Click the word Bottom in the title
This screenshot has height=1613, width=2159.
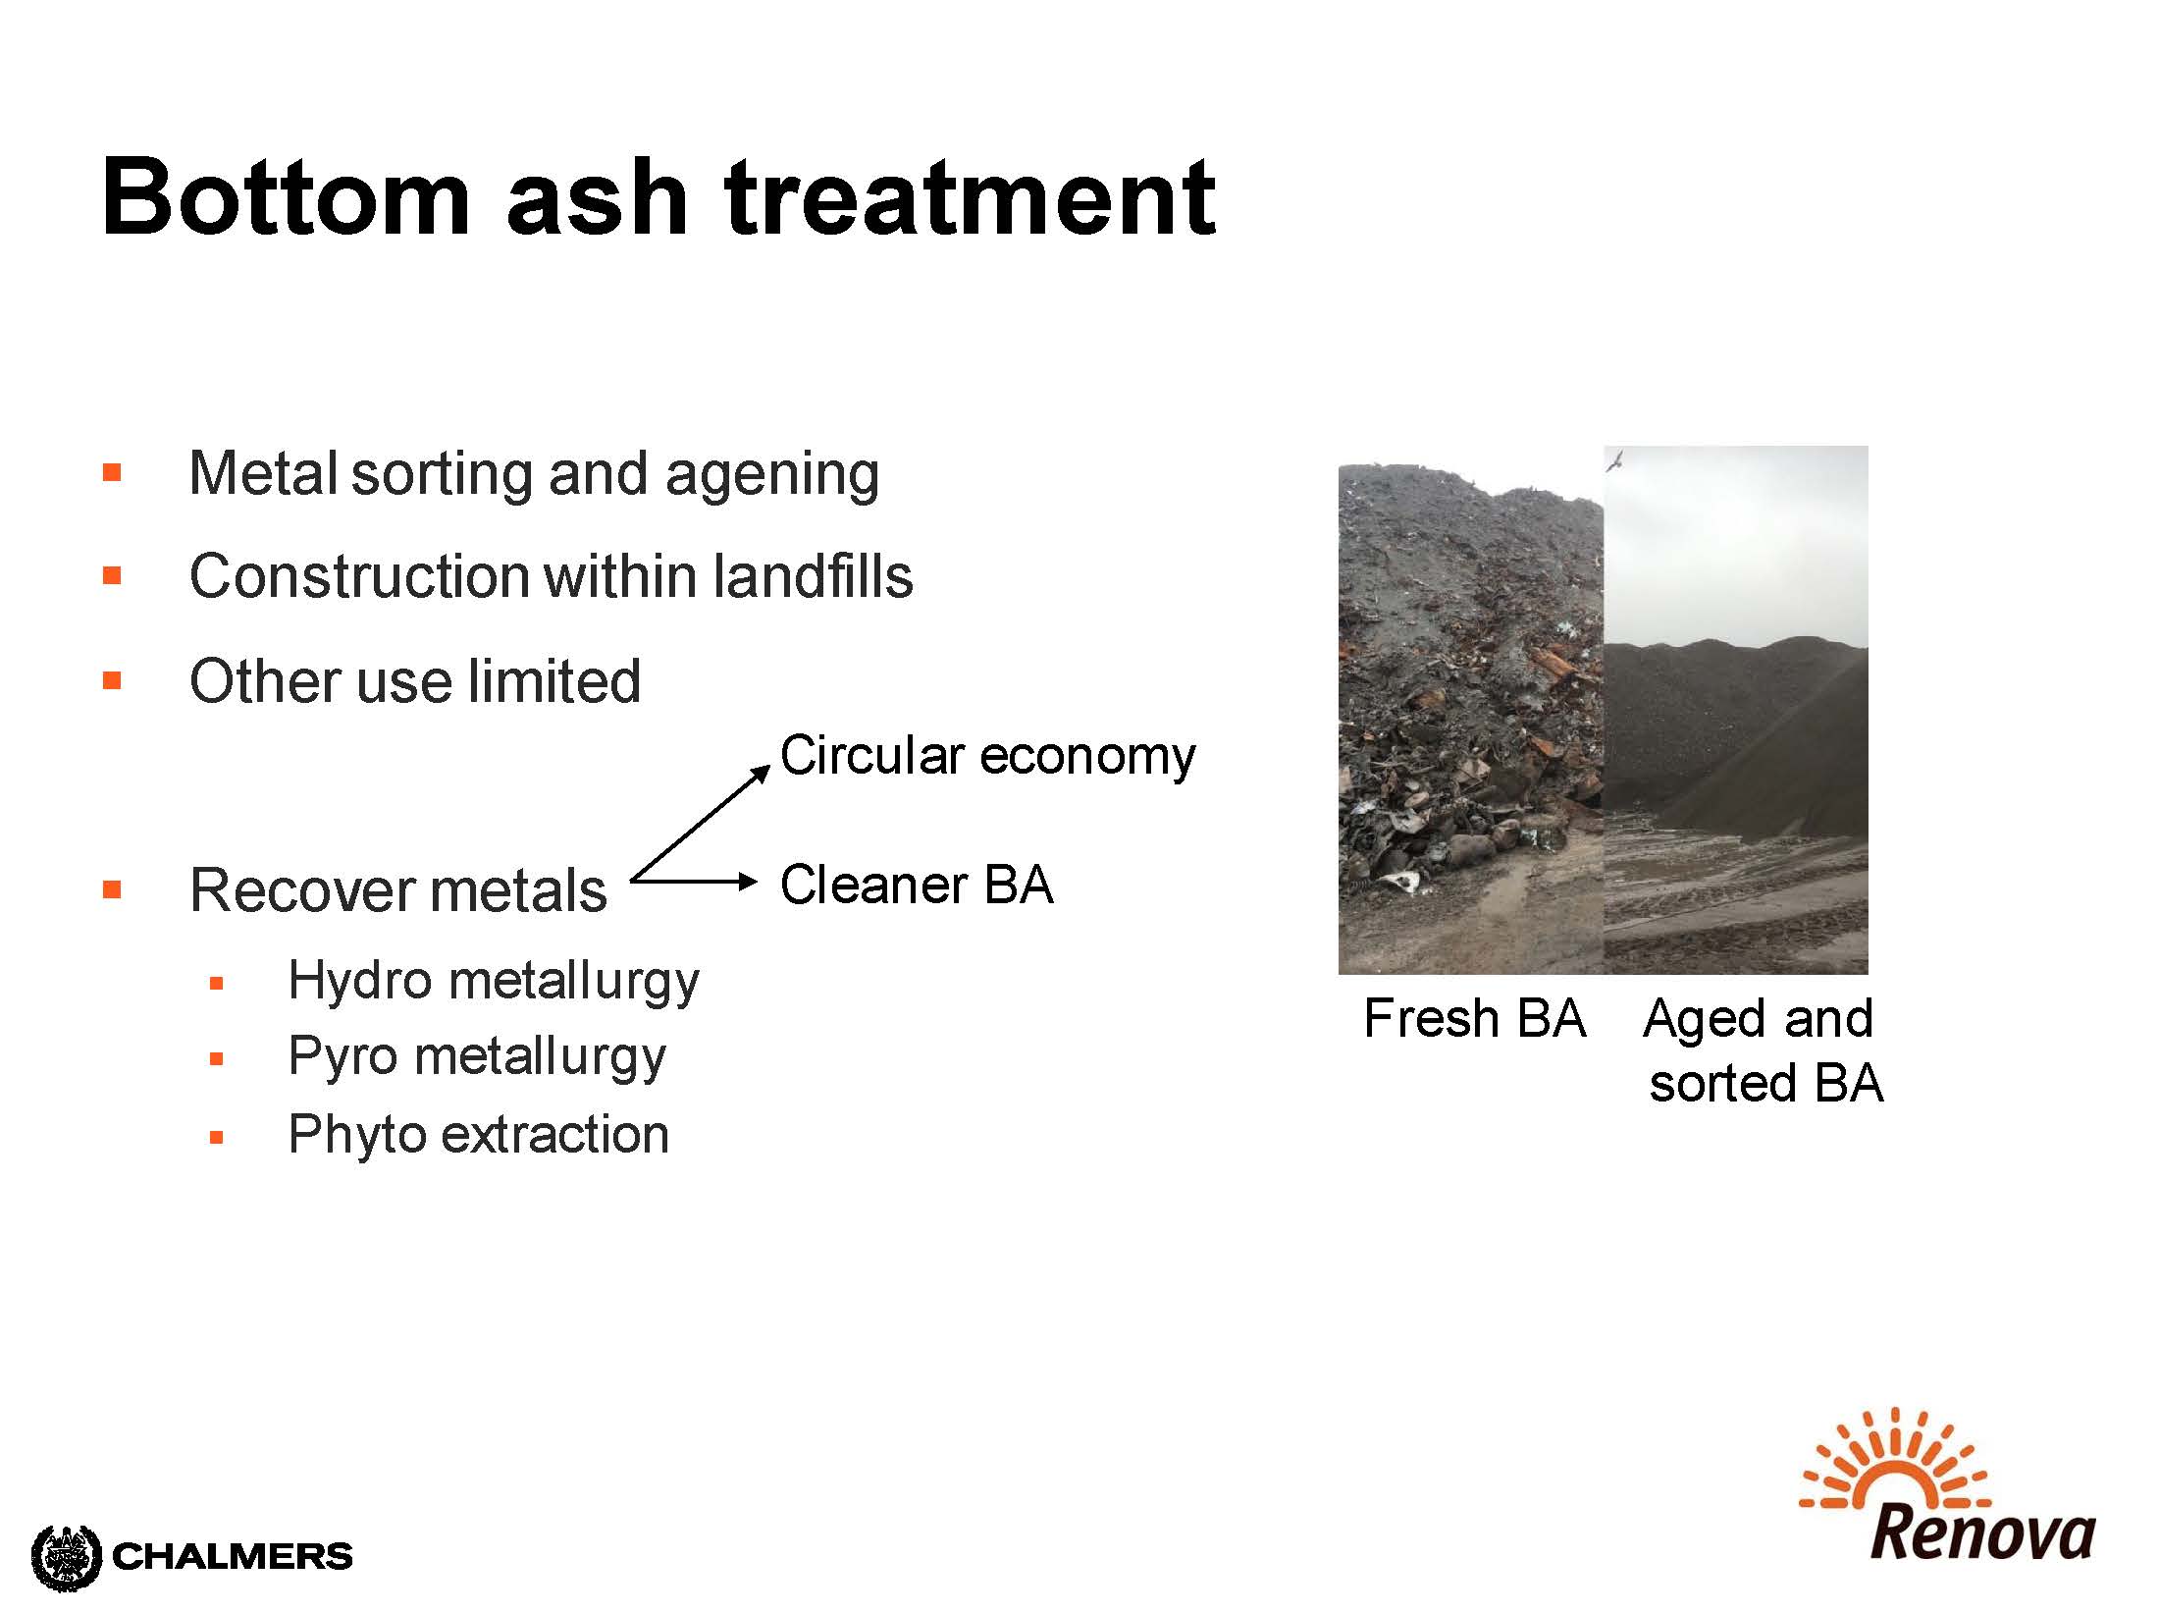point(286,197)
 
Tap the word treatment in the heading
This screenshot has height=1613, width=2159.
point(970,197)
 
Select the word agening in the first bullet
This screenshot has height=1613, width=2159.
point(771,475)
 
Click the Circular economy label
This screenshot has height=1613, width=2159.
point(987,756)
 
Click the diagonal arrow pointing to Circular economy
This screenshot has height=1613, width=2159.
point(701,823)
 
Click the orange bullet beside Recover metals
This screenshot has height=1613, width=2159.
point(112,889)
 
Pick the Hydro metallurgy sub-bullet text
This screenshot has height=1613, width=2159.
point(494,981)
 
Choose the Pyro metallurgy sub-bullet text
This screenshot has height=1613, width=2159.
point(477,1057)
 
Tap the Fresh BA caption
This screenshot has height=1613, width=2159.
point(1474,1018)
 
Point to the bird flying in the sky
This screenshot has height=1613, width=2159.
point(1613,459)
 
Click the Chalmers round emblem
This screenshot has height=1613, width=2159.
point(67,1556)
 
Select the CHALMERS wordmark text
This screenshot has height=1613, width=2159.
point(233,1556)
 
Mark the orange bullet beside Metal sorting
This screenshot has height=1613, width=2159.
point(112,473)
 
